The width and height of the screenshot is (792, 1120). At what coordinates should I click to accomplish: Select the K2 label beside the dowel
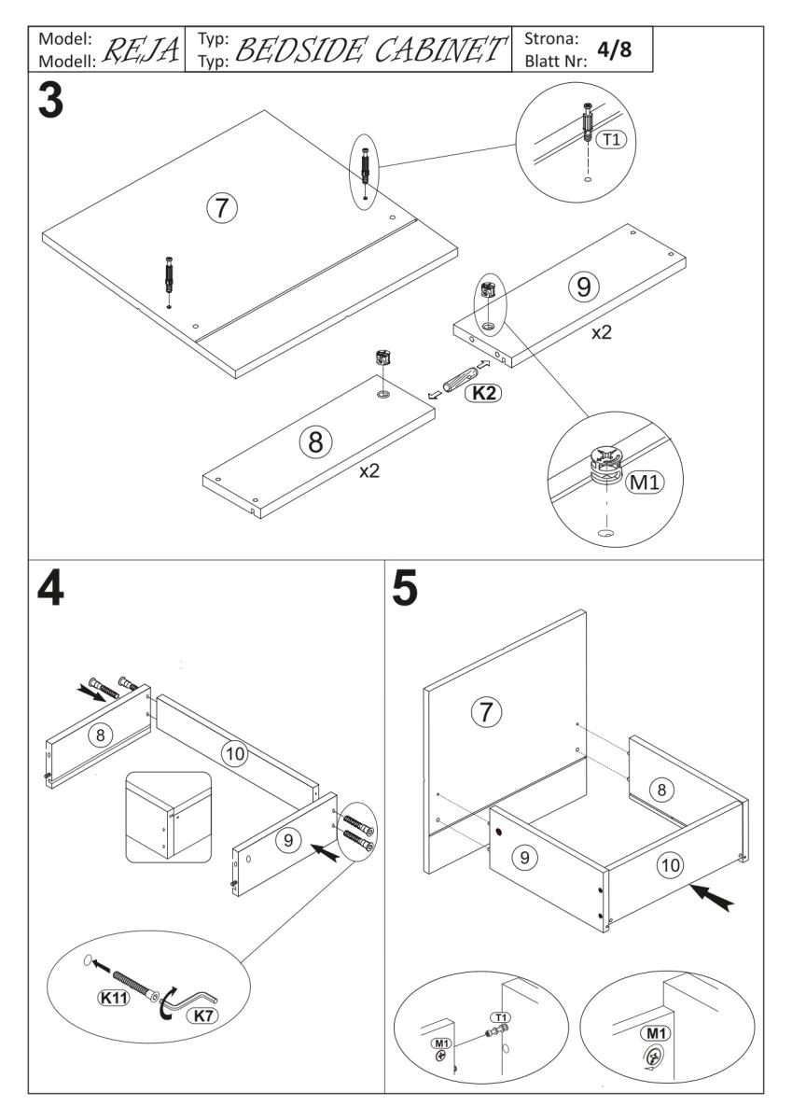click(x=484, y=393)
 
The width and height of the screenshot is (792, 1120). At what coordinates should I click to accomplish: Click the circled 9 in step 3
click(x=584, y=287)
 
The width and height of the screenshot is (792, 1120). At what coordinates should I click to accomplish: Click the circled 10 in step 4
click(x=239, y=752)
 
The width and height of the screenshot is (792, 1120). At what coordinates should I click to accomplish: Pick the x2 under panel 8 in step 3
click(x=370, y=470)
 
